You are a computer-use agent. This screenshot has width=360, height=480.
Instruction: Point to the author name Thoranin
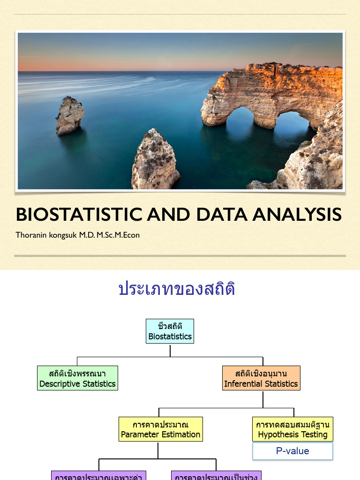(31, 235)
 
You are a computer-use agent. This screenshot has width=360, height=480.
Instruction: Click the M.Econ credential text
(125, 235)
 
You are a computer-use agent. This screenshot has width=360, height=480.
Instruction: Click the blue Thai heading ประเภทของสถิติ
(177, 289)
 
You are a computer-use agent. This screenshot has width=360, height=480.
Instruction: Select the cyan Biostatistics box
(170, 331)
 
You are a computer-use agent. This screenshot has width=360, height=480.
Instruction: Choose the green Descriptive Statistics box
(77, 378)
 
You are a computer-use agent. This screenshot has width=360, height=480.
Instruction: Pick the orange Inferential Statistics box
(261, 378)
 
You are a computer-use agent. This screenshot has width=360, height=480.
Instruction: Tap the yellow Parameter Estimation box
(160, 429)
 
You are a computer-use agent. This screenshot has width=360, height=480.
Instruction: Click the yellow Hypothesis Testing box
(292, 429)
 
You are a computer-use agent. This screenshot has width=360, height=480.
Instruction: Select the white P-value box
(292, 451)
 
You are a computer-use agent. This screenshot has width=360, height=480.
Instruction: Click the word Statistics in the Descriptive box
(97, 384)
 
